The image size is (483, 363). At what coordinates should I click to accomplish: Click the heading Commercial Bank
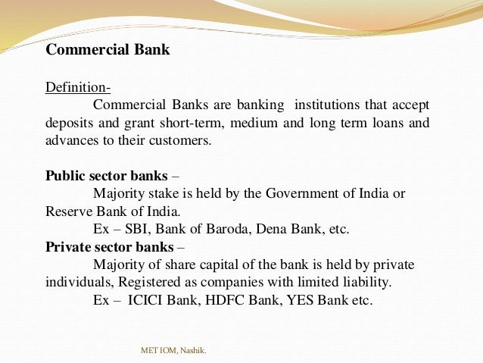(108, 50)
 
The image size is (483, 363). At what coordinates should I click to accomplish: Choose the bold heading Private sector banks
(109, 246)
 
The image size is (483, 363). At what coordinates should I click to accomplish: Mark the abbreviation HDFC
(222, 300)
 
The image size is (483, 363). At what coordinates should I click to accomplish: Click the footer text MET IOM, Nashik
(173, 350)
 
